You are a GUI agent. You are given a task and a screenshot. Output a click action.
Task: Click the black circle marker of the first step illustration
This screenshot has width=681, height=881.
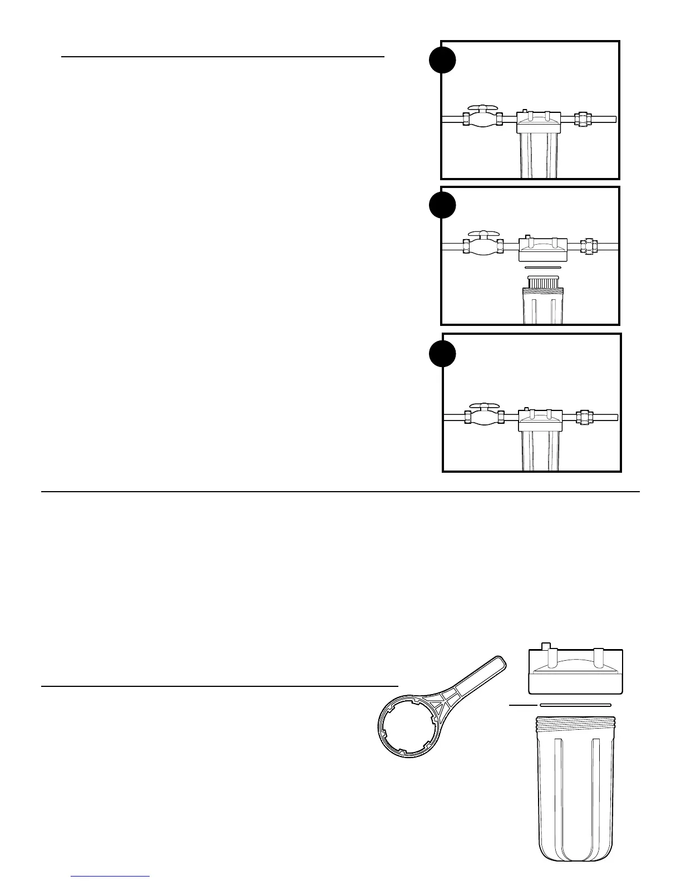pos(442,61)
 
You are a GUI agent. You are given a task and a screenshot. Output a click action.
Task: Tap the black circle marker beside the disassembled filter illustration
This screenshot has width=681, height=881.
pos(442,206)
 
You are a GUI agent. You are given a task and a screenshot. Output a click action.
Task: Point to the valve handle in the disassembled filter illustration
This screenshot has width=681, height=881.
pos(482,235)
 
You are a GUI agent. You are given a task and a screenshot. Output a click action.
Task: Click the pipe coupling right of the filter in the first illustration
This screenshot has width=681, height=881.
pos(582,119)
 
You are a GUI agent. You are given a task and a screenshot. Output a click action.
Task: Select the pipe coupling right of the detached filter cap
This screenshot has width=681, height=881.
pos(589,246)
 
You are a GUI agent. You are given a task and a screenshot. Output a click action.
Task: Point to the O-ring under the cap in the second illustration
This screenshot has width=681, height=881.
pos(542,268)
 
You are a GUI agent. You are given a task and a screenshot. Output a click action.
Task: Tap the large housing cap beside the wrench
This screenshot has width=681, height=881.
pos(575,672)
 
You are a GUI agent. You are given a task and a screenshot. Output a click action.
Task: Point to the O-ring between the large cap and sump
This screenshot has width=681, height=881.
pos(575,705)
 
